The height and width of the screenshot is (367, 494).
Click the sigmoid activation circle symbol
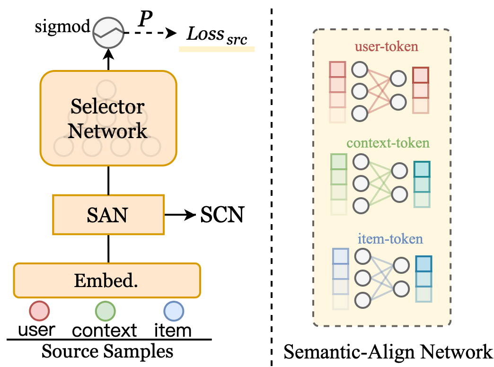pyautogui.click(x=108, y=33)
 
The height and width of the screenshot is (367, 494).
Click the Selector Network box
pyautogui.click(x=108, y=118)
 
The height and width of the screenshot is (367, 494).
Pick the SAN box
pyautogui.click(x=108, y=215)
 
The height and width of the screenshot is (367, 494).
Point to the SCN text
pyautogui.click(x=222, y=216)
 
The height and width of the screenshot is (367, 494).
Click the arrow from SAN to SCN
pyautogui.click(x=180, y=216)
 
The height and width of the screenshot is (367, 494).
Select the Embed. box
pyautogui.click(x=107, y=280)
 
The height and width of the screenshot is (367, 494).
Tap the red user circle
pyautogui.click(x=39, y=312)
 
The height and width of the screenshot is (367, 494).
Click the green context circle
pyautogui.click(x=106, y=312)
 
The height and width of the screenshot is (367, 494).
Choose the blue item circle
pyautogui.click(x=174, y=312)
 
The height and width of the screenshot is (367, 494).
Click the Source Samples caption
pyautogui.click(x=107, y=352)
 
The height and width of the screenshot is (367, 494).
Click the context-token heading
pyautogui.click(x=381, y=143)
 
